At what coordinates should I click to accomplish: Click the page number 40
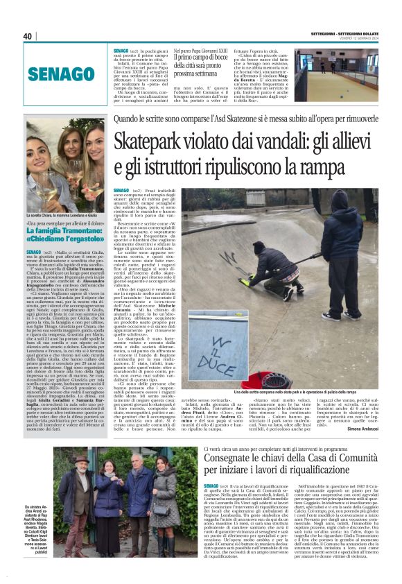[28, 36]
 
